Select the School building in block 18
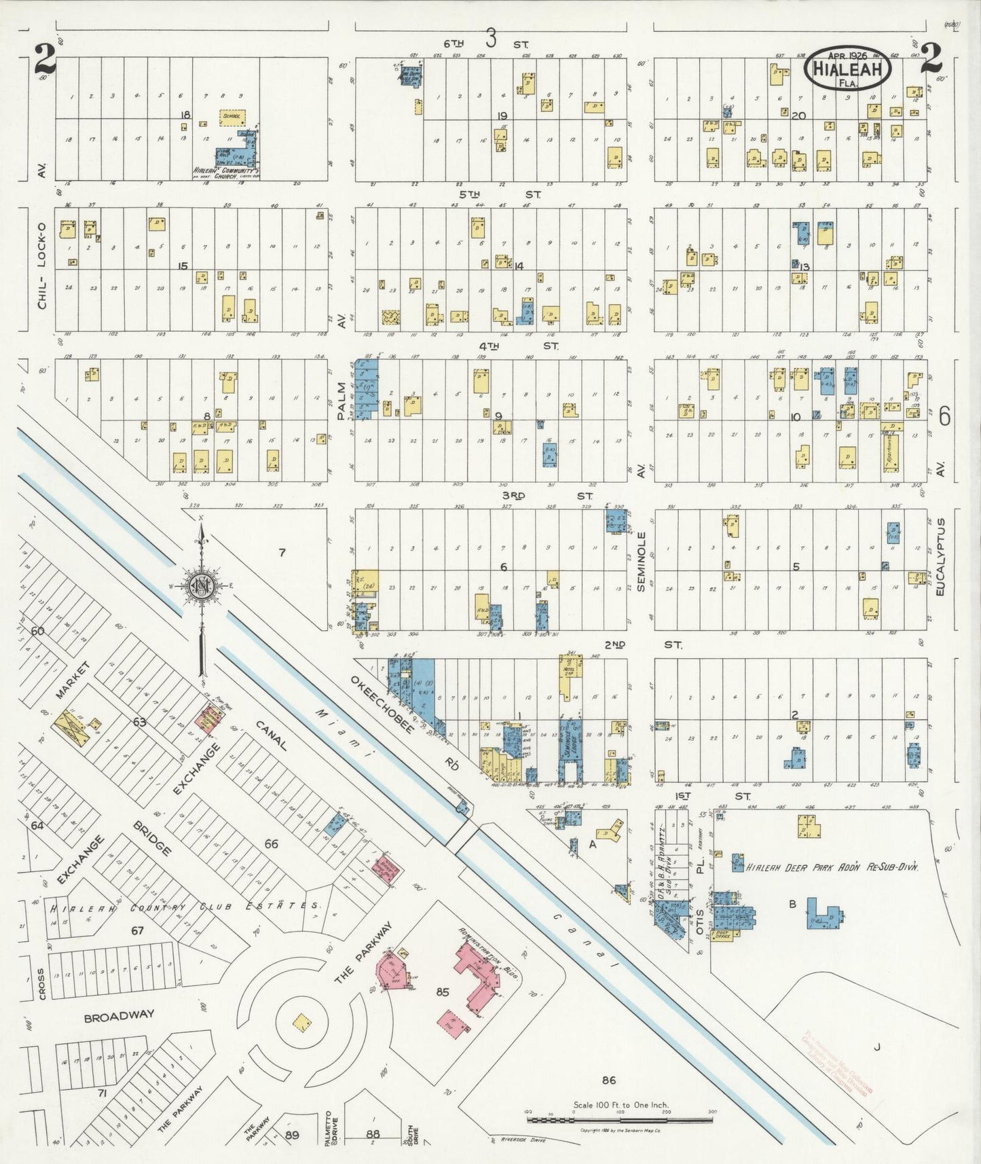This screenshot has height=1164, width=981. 232,117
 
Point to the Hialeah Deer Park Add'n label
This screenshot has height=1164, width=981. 832,867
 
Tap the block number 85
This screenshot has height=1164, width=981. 443,992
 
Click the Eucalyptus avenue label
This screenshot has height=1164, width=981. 940,557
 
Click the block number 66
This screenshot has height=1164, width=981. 272,843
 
